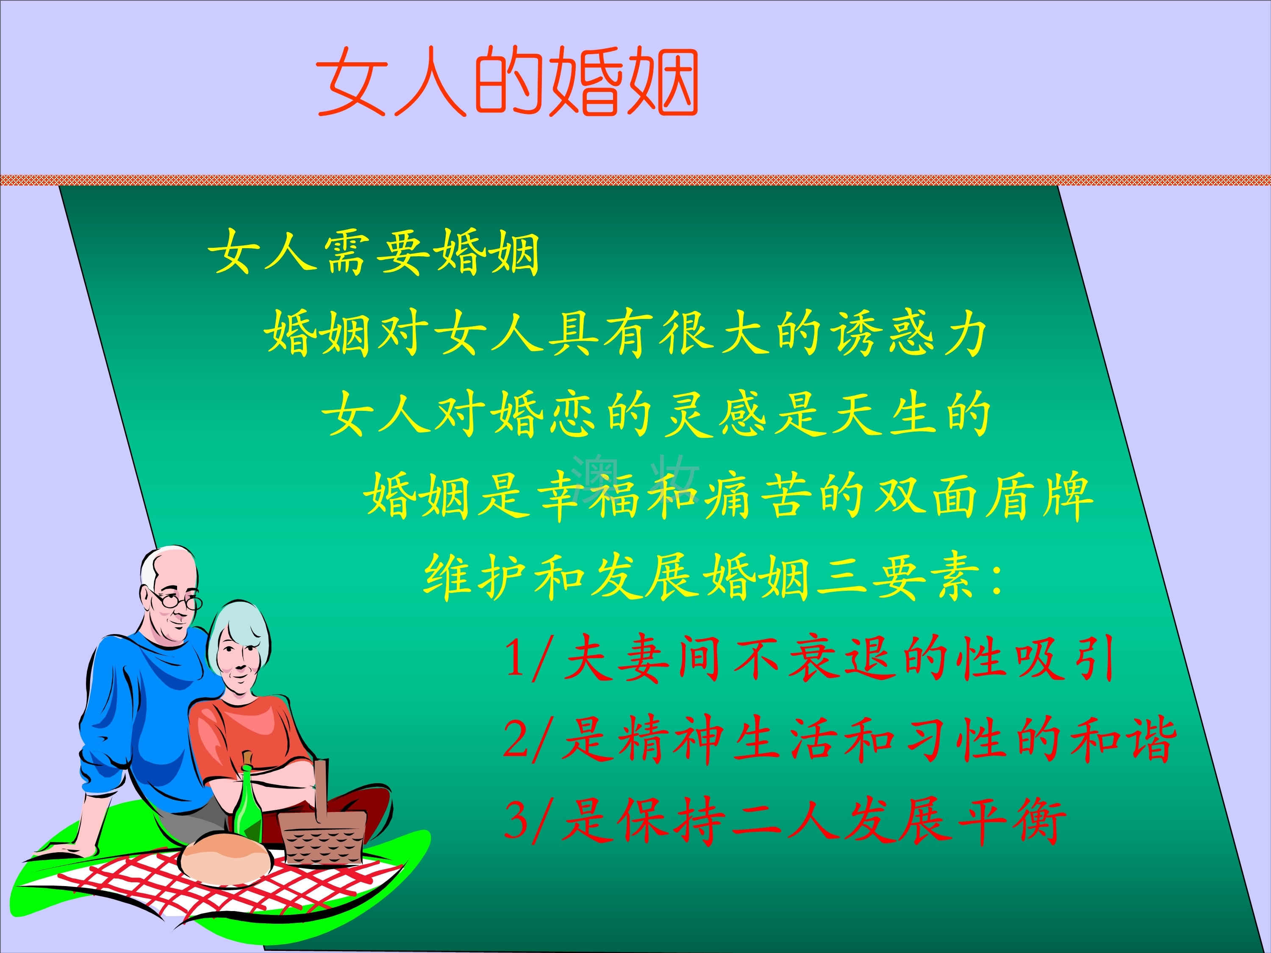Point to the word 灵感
(716, 413)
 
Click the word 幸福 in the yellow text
(588, 495)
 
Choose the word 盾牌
(1040, 495)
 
